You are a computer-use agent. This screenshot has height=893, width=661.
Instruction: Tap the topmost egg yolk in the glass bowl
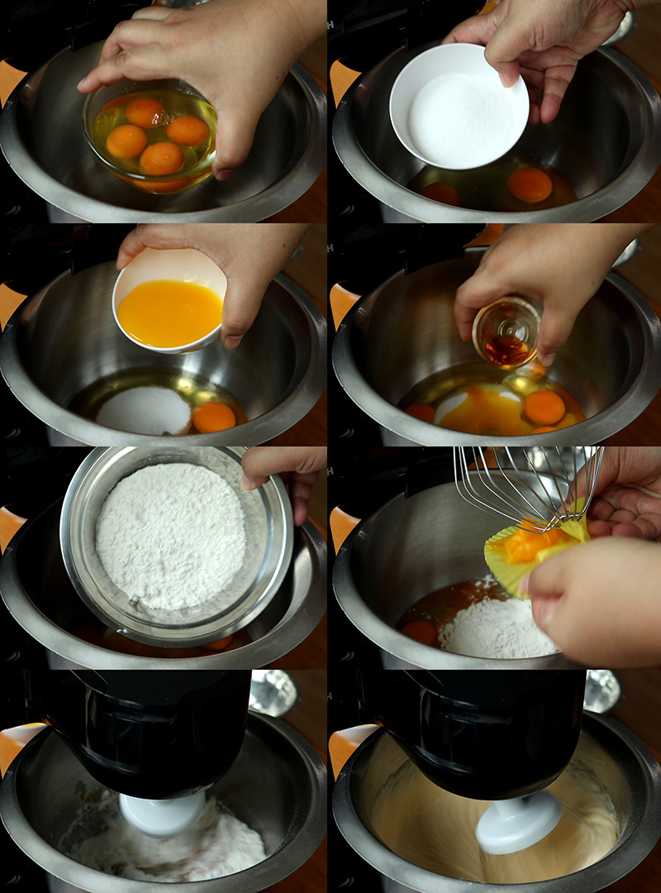tap(145, 112)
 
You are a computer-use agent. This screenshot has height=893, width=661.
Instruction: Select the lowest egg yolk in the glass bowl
tap(161, 158)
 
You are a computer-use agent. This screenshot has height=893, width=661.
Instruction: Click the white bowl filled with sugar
tap(459, 107)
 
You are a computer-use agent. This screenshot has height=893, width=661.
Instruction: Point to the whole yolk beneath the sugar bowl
tap(530, 184)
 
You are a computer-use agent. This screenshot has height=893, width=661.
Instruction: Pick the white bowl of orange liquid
tap(169, 309)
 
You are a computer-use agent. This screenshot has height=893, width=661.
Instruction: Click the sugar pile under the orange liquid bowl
tap(144, 410)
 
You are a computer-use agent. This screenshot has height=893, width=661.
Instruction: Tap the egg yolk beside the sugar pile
tap(213, 417)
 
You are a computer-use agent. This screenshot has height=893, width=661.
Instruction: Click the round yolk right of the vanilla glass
tap(544, 407)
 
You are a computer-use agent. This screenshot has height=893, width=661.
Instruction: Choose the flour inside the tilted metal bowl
tap(170, 546)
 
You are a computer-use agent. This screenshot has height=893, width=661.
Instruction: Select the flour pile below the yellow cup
tap(496, 628)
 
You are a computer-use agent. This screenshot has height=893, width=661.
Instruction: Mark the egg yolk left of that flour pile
tap(421, 633)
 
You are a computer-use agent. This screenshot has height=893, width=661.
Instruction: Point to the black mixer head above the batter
tap(487, 728)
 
